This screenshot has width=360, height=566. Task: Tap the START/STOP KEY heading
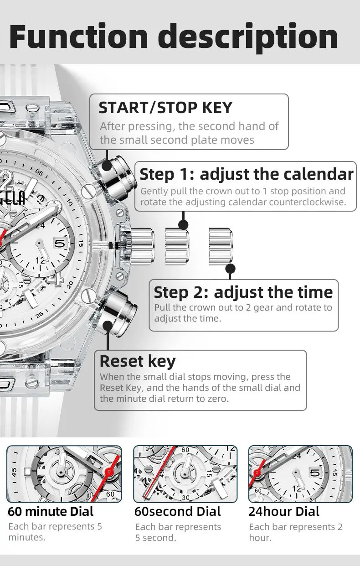click(165, 108)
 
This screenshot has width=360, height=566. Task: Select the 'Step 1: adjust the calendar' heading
click(247, 174)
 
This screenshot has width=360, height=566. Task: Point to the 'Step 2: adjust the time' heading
click(243, 292)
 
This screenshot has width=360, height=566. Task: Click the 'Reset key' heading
click(138, 361)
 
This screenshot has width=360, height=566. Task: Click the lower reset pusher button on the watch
click(118, 313)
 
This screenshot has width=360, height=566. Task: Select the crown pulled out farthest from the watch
click(221, 246)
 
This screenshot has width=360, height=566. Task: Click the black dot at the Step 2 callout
click(230, 269)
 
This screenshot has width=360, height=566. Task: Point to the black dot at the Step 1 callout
click(183, 224)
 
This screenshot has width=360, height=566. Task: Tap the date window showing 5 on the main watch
click(60, 244)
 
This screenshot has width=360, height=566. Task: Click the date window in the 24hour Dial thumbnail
click(315, 472)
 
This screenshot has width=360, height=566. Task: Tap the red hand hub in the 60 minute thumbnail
click(109, 472)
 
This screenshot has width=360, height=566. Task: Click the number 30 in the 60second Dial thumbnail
click(185, 497)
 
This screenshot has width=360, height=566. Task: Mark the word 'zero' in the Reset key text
click(218, 399)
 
